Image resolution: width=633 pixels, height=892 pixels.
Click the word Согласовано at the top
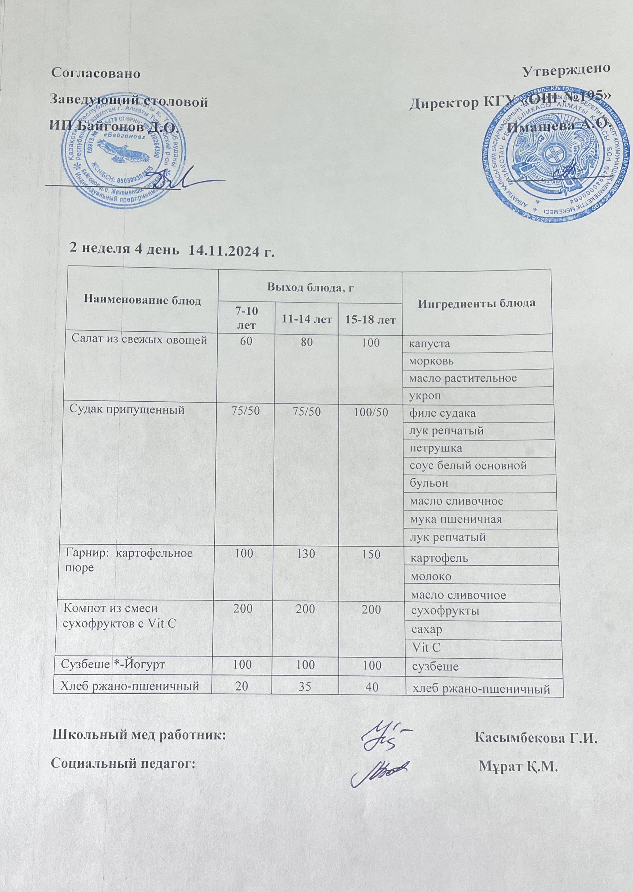(96, 74)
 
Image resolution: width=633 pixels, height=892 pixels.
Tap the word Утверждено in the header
(566, 69)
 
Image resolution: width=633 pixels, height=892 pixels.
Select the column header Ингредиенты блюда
(476, 303)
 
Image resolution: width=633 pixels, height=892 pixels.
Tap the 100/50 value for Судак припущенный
(369, 412)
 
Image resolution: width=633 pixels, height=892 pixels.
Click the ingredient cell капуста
(429, 344)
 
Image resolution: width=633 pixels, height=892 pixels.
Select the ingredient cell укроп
(425, 396)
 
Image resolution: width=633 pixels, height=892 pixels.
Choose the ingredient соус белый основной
(468, 465)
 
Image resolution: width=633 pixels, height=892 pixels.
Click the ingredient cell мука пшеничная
(455, 519)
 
